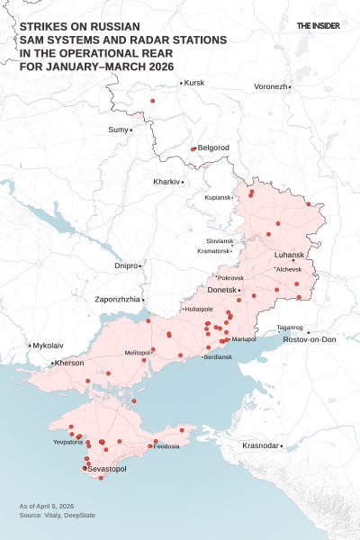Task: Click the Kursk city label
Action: coord(194,83)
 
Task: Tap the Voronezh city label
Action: coord(270,86)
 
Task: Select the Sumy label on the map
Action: coord(118,130)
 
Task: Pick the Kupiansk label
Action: coord(218,197)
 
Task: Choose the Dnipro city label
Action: coord(126,266)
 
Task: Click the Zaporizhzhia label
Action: coord(117,299)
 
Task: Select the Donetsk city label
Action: coord(221,290)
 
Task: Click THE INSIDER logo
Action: coord(319,26)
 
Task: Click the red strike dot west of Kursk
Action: coord(153,101)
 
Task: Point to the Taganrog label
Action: coord(290,327)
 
